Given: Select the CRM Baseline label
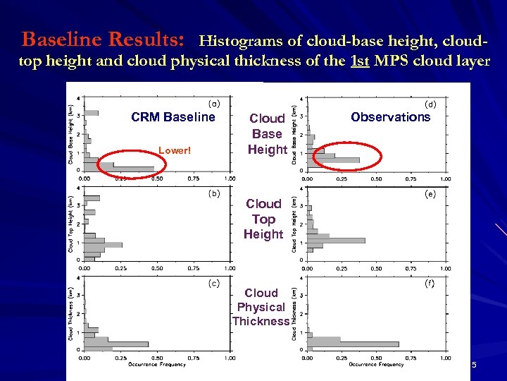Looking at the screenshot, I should (173, 117).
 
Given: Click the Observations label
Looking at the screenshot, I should (390, 117).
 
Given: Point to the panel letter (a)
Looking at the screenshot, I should (214, 103).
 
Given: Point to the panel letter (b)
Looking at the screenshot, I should (214, 193).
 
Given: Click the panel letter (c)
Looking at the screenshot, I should (214, 283).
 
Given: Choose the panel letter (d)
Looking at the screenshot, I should (430, 103).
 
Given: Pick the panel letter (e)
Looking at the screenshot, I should (430, 193).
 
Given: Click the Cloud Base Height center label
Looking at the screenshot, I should (267, 133).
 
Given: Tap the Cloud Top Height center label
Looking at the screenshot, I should (263, 219).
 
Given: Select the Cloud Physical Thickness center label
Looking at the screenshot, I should (261, 307).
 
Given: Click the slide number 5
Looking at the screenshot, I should (474, 365).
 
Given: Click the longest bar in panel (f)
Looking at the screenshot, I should (352, 344).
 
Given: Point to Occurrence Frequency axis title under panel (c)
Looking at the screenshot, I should (157, 365).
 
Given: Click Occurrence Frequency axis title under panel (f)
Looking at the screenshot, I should (376, 365).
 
